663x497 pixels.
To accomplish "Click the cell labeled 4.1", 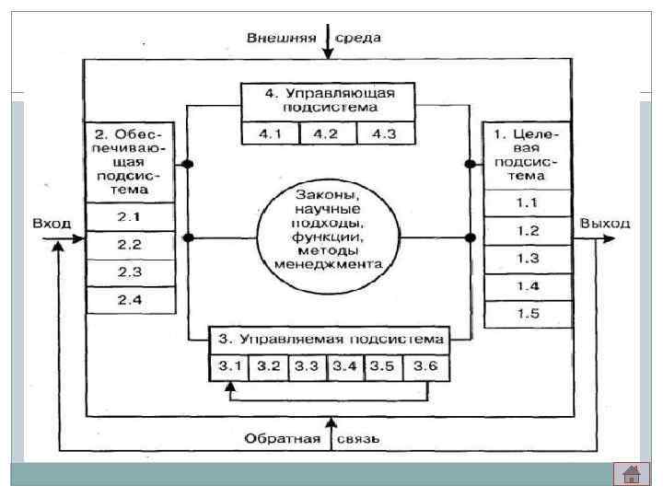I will coord(270,134).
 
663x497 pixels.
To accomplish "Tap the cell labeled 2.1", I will coord(129,218).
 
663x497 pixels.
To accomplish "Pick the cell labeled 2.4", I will coord(129,299).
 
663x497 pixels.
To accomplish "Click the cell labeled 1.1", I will coord(528,202).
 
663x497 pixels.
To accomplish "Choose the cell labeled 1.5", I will coord(528,315).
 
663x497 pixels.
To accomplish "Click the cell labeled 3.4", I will coord(346,366).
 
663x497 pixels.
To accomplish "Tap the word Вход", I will coord(52,224).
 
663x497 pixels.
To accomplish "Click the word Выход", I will coord(605,224).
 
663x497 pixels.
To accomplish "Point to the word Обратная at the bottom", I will coord(282,438).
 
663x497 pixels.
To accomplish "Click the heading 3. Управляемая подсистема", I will coord(329,337).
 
